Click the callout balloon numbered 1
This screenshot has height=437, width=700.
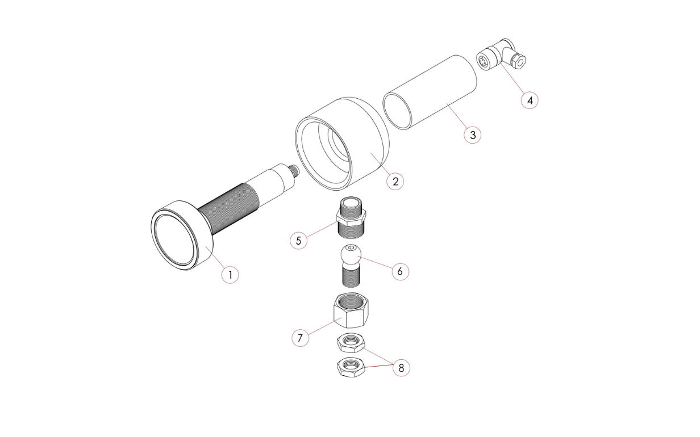pyautogui.click(x=230, y=275)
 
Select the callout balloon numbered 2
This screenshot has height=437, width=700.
pyautogui.click(x=395, y=182)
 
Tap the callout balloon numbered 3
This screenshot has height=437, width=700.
pyautogui.click(x=473, y=135)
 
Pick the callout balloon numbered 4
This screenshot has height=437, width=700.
pyautogui.click(x=530, y=100)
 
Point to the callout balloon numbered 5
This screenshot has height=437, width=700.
pyautogui.click(x=298, y=241)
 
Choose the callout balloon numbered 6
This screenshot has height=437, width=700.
pyautogui.click(x=400, y=271)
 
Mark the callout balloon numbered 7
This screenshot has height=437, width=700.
pyautogui.click(x=301, y=338)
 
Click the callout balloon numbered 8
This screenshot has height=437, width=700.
pyautogui.click(x=401, y=368)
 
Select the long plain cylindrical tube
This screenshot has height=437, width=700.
pyautogui.click(x=430, y=93)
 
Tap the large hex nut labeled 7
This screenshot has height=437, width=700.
pyautogui.click(x=351, y=310)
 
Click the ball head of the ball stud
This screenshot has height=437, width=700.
pyautogui.click(x=351, y=254)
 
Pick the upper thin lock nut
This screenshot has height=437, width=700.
pyautogui.click(x=351, y=343)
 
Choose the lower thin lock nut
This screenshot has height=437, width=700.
pyautogui.click(x=351, y=367)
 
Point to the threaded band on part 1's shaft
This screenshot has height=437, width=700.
pyautogui.click(x=230, y=208)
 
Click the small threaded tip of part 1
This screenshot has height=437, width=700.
pyautogui.click(x=294, y=170)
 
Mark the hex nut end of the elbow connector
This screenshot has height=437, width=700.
pyautogui.click(x=518, y=61)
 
